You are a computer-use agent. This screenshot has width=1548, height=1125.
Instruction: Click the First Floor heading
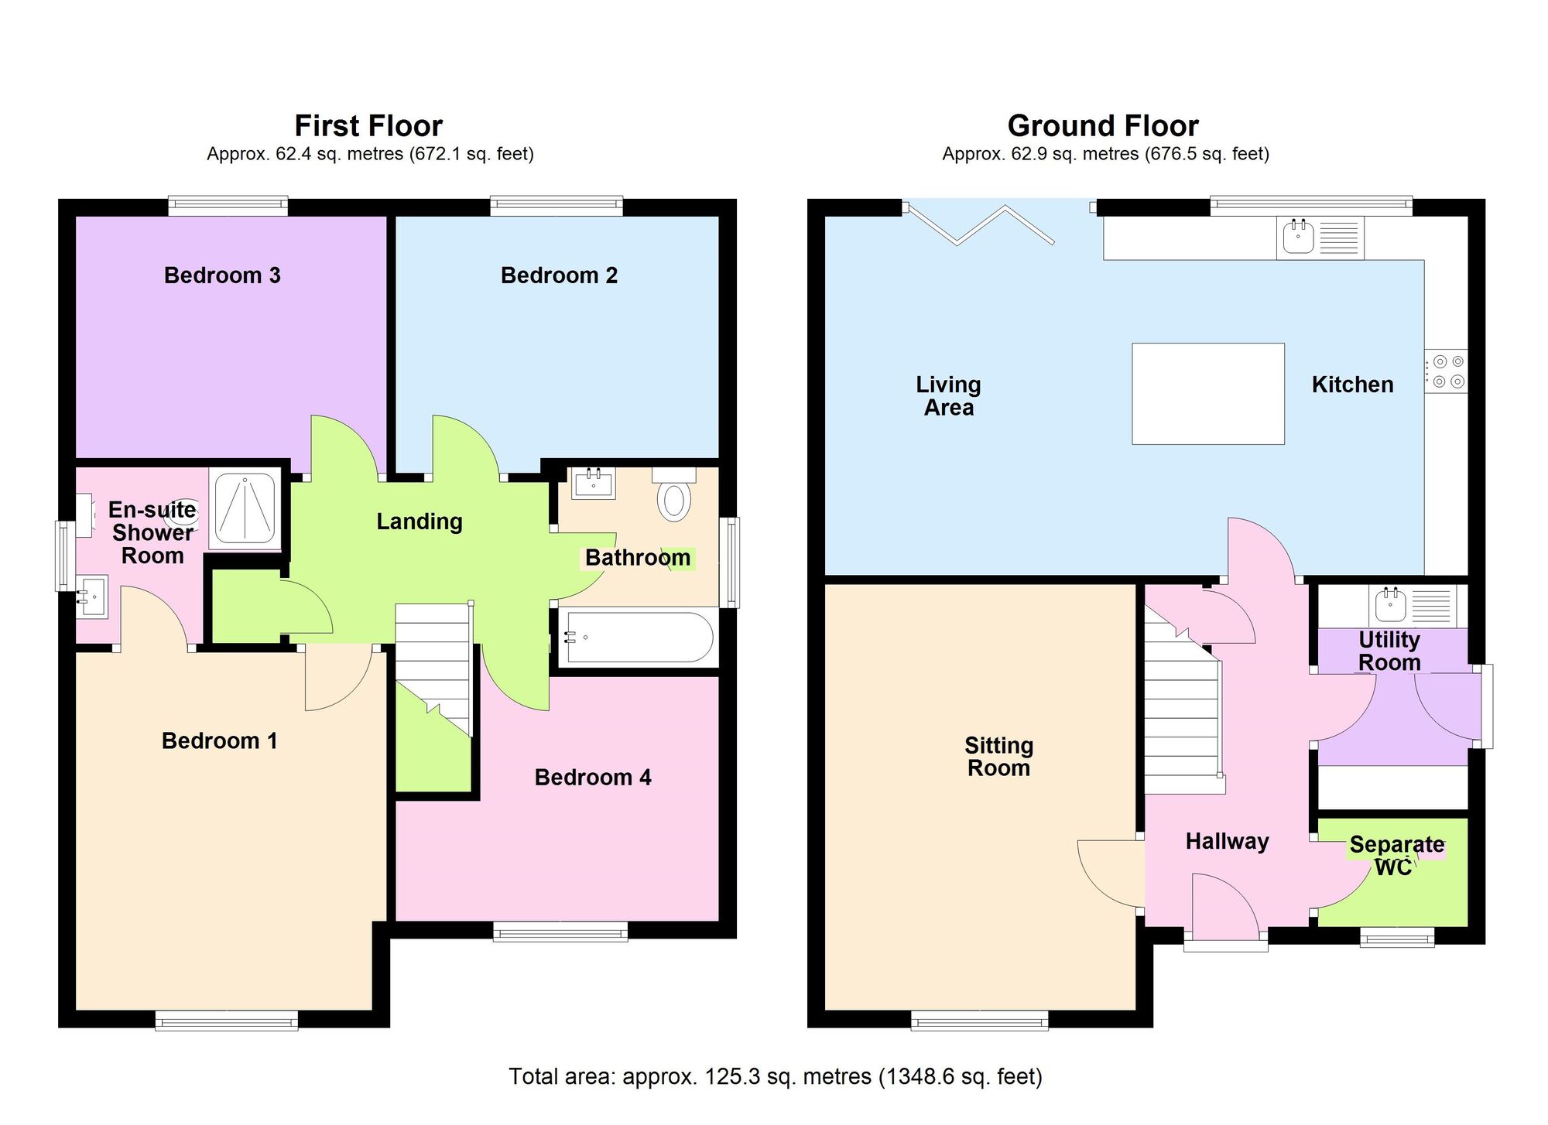pyautogui.click(x=368, y=125)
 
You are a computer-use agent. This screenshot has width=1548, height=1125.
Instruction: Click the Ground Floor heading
pyautogui.click(x=1102, y=125)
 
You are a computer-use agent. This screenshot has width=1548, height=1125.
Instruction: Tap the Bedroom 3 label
pyautogui.click(x=222, y=275)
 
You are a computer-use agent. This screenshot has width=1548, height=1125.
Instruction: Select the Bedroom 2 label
pyautogui.click(x=559, y=275)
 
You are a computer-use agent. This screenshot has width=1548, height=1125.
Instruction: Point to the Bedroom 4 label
pyautogui.click(x=593, y=777)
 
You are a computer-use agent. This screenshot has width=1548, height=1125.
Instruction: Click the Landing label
pyautogui.click(x=420, y=521)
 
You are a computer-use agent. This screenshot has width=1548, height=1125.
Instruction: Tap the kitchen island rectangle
pyautogui.click(x=1207, y=394)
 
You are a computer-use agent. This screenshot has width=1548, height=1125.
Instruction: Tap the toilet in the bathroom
pyautogui.click(x=674, y=497)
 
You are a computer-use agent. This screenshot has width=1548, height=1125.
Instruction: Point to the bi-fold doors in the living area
pyautogui.click(x=981, y=224)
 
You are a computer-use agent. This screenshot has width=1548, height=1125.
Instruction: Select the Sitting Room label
pyautogui.click(x=998, y=757)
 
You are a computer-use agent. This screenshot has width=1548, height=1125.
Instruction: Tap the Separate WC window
pyautogui.click(x=1397, y=939)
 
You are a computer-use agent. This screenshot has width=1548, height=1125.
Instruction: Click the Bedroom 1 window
pyautogui.click(x=226, y=1021)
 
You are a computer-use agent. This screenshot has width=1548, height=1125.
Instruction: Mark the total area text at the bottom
pyautogui.click(x=775, y=1076)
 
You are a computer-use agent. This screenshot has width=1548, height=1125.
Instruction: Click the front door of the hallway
pyautogui.click(x=1225, y=944)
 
